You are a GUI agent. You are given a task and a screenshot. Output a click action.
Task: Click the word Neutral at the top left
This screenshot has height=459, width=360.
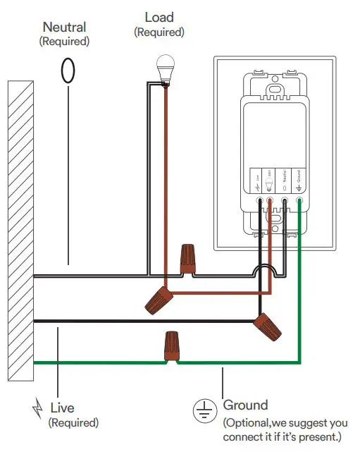(64, 27)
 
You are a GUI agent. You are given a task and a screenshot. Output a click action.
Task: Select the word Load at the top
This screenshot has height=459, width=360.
(159, 17)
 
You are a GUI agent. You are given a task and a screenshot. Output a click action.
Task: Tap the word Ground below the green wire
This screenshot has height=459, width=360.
(246, 405)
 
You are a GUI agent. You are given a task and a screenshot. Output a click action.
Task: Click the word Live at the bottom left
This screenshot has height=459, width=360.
(62, 408)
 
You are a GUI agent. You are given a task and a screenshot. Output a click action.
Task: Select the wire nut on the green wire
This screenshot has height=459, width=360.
(170, 347)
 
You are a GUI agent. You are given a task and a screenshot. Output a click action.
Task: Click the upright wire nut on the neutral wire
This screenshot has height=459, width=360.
(187, 259)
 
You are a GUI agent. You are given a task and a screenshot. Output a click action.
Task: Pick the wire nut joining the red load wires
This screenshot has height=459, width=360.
(159, 300)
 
